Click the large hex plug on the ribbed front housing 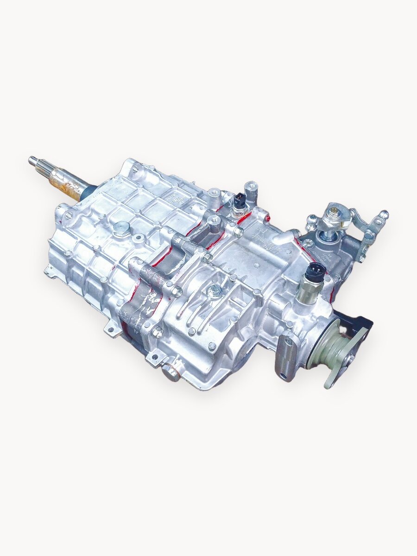pyautogui.click(x=122, y=228)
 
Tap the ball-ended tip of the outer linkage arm pyautogui.click(x=383, y=215)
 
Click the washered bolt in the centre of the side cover pyautogui.click(x=214, y=291)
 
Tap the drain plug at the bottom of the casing pyautogui.click(x=171, y=372)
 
